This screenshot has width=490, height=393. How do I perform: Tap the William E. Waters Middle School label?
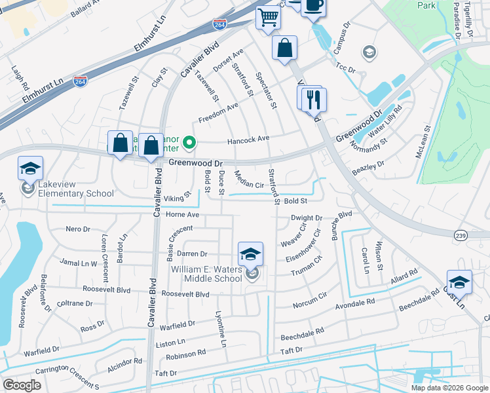click(x=206, y=274)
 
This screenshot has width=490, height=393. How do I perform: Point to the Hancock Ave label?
click(x=248, y=139)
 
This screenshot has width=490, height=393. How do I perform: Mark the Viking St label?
click(x=177, y=196)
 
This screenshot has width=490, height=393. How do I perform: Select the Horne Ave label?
click(x=182, y=214)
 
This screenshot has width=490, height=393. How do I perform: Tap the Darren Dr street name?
click(x=192, y=253)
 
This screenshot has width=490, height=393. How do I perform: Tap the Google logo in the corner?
click(x=22, y=384)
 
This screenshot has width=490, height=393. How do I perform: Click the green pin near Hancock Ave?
click(x=189, y=141)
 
